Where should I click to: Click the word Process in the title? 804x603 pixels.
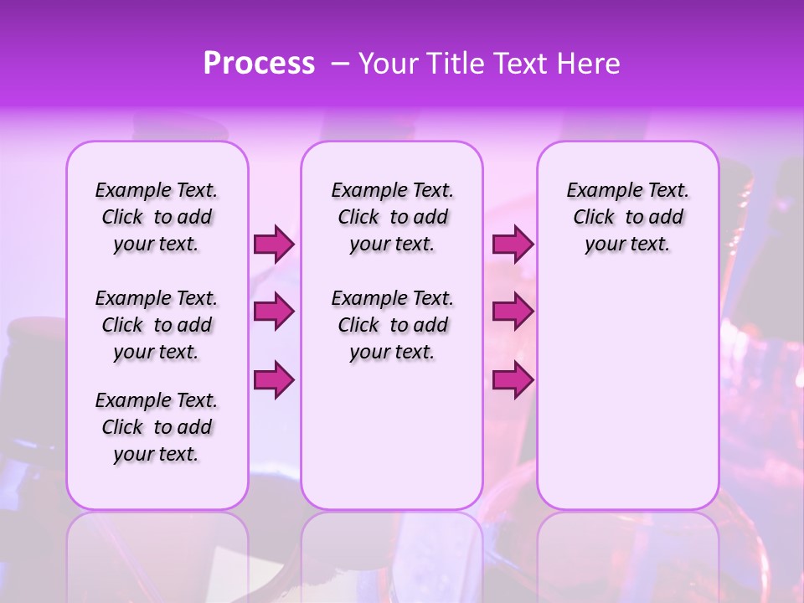click(x=259, y=64)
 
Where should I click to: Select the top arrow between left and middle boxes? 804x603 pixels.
click(x=273, y=244)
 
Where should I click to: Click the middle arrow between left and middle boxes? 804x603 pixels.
click(x=273, y=312)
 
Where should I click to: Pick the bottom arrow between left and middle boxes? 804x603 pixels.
click(x=273, y=380)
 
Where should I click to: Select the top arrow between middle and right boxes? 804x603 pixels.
click(x=513, y=244)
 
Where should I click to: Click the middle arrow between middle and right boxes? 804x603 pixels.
click(x=513, y=312)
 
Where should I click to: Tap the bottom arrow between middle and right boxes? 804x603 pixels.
click(x=513, y=380)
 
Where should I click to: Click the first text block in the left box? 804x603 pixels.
click(x=156, y=217)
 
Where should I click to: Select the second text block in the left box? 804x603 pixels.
click(x=156, y=325)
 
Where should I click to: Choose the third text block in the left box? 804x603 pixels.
click(x=156, y=427)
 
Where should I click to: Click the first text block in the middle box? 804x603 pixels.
click(x=392, y=217)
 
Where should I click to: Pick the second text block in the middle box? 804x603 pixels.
click(x=392, y=325)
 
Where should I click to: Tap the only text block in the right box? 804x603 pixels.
click(x=627, y=217)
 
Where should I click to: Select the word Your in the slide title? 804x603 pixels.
click(x=384, y=64)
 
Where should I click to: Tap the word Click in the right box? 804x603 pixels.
click(x=594, y=218)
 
